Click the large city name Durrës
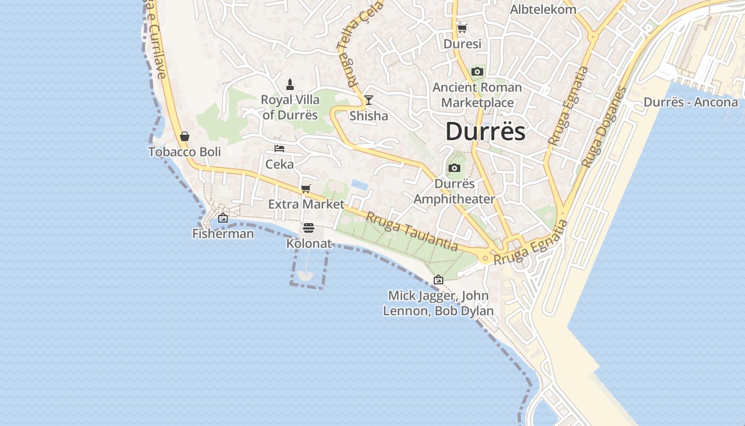pyautogui.click(x=485, y=132)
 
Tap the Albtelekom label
pyautogui.click(x=543, y=10)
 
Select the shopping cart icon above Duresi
pyautogui.click(x=462, y=28)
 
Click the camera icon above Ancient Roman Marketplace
pyautogui.click(x=477, y=71)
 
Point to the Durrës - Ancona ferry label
pyautogui.click(x=691, y=102)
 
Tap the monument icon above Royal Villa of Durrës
pyautogui.click(x=290, y=84)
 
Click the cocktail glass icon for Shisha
pyautogui.click(x=368, y=100)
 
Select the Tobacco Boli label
pyautogui.click(x=184, y=152)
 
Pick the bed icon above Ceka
pyautogui.click(x=279, y=149)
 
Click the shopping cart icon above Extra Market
pyautogui.click(x=305, y=189)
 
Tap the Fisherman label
pyautogui.click(x=223, y=233)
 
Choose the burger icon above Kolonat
pyautogui.click(x=309, y=228)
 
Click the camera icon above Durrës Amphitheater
pyautogui.click(x=454, y=168)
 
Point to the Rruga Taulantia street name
pyautogui.click(x=411, y=231)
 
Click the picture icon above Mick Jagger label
pyautogui.click(x=438, y=280)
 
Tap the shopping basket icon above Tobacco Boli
pyautogui.click(x=184, y=137)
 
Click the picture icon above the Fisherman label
pyautogui.click(x=223, y=218)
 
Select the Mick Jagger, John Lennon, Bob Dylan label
pyautogui.click(x=438, y=303)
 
